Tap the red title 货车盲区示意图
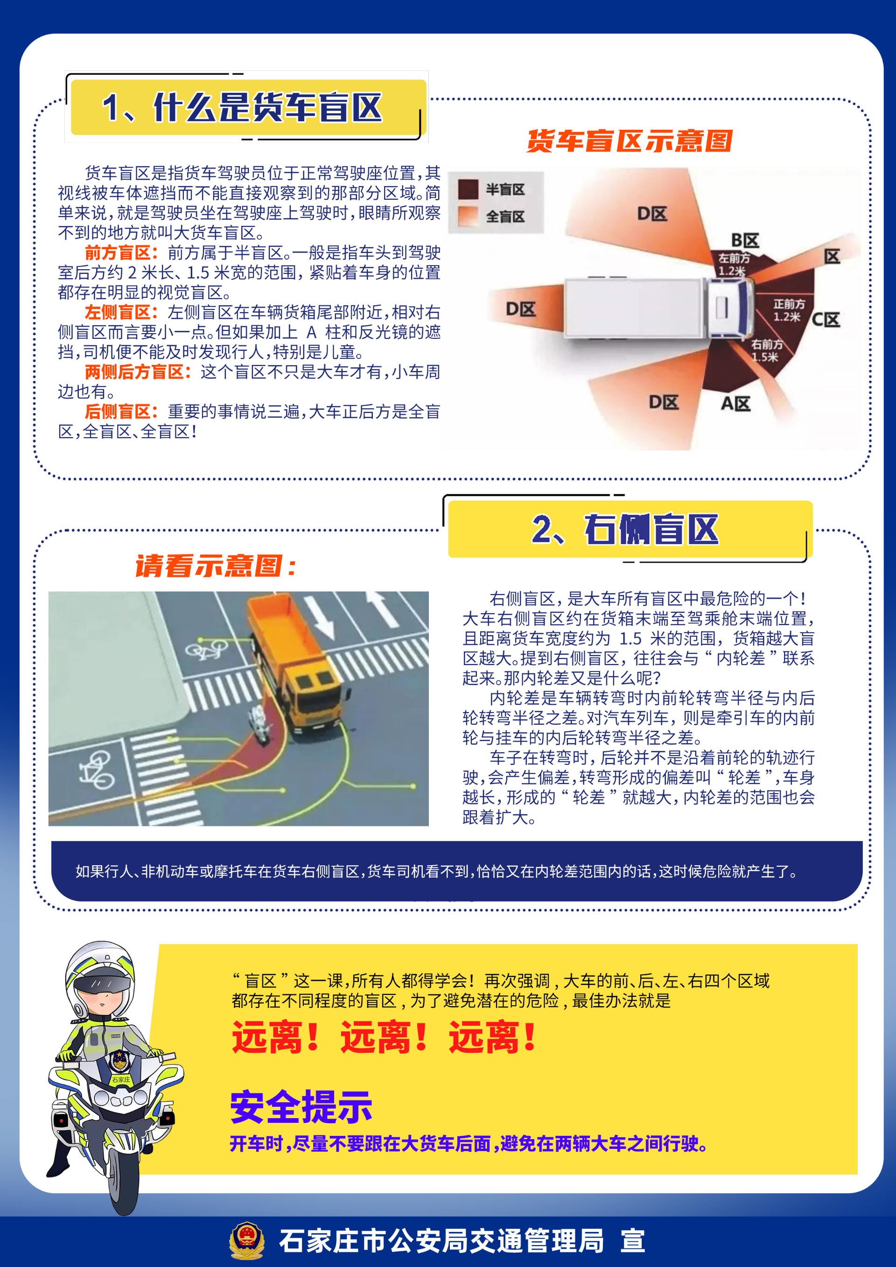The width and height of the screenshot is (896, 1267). pyautogui.click(x=630, y=141)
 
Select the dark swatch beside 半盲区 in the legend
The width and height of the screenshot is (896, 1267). pyautogui.click(x=468, y=189)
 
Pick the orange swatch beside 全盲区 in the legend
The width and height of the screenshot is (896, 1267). pyautogui.click(x=468, y=217)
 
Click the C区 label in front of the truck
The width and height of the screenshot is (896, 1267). pyautogui.click(x=826, y=320)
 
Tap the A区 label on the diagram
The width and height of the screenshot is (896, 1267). pyautogui.click(x=735, y=404)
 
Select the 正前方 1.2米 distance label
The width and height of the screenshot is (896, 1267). pyautogui.click(x=788, y=310)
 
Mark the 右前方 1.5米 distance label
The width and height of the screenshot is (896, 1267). pyautogui.click(x=766, y=350)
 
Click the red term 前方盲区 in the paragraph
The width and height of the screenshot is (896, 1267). pyautogui.click(x=118, y=253)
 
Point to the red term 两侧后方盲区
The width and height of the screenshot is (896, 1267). pyautogui.click(x=134, y=372)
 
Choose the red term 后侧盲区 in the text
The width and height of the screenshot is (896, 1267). pyautogui.click(x=118, y=412)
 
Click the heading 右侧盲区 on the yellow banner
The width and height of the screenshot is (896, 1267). pyautogui.click(x=651, y=529)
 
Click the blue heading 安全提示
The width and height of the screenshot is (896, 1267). pyautogui.click(x=301, y=1107)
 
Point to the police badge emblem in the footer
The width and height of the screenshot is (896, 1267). pyautogui.click(x=246, y=1240)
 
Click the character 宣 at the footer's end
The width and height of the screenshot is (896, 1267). pyautogui.click(x=633, y=1241)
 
